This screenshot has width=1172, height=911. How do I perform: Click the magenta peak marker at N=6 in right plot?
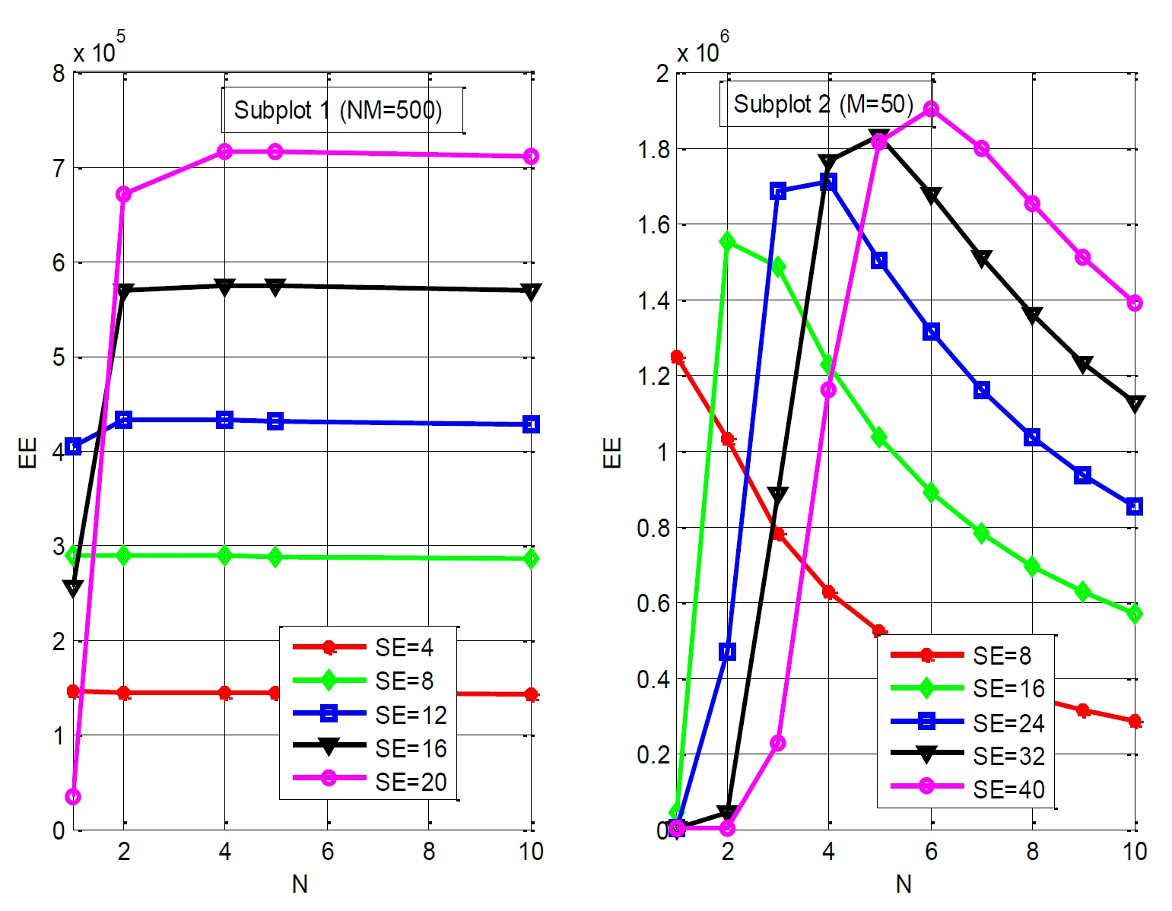click(x=930, y=110)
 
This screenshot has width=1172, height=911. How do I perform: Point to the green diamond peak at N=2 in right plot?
click(x=727, y=242)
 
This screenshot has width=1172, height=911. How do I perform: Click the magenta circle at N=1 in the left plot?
click(x=73, y=797)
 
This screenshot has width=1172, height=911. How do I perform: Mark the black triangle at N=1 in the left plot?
click(x=73, y=588)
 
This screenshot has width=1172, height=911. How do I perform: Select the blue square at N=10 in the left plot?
click(x=532, y=424)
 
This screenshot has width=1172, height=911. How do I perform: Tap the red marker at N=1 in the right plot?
click(x=676, y=357)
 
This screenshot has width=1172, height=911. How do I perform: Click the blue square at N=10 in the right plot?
click(x=1134, y=506)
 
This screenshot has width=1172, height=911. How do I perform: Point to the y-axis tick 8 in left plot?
click(x=59, y=74)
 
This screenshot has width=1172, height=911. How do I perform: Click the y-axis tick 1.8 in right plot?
click(x=653, y=149)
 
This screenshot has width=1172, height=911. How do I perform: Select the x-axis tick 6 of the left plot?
click(x=327, y=852)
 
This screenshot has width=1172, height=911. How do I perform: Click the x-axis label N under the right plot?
click(x=904, y=884)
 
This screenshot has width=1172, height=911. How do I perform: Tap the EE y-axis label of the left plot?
click(x=27, y=452)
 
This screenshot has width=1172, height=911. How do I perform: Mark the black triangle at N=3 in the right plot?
click(x=777, y=496)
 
